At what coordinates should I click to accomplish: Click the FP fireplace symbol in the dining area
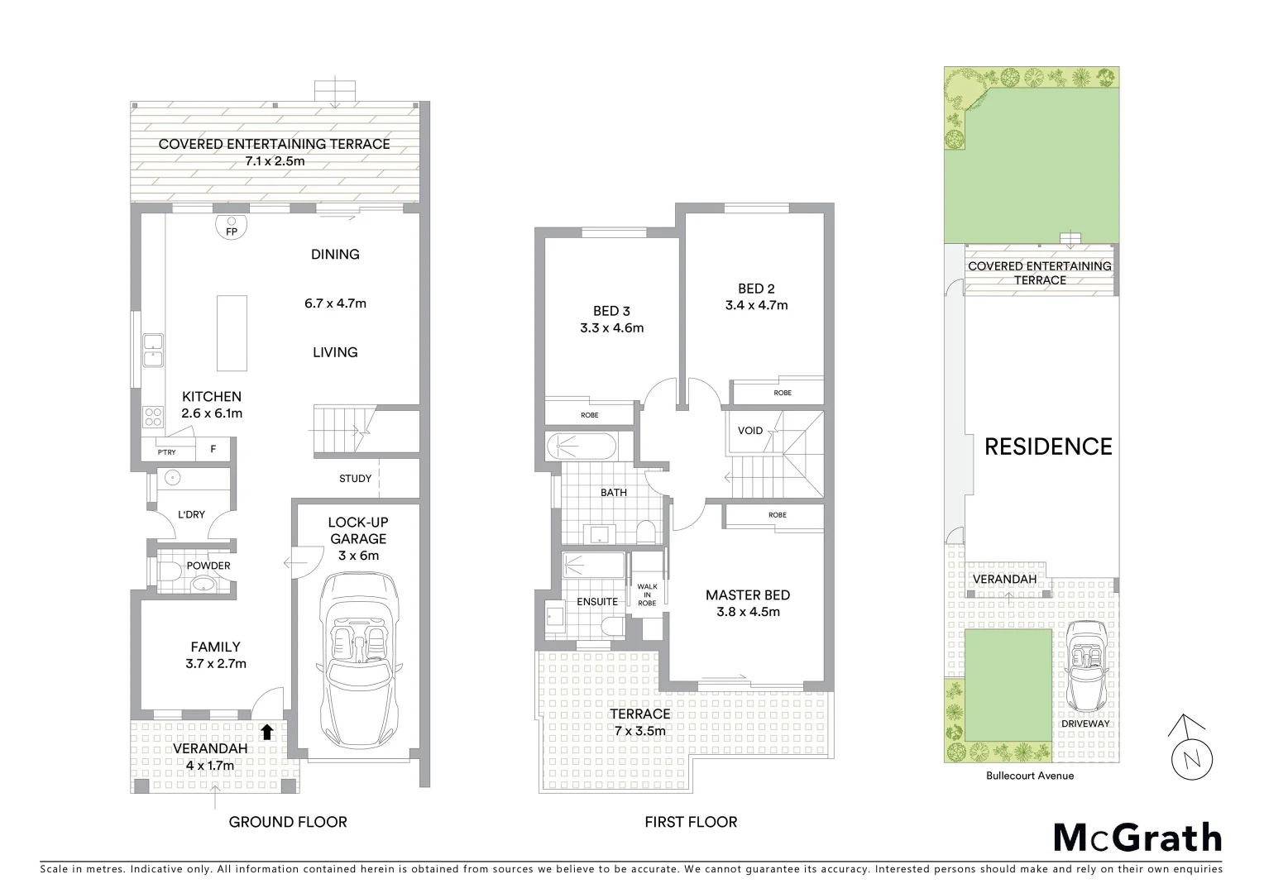click(232, 226)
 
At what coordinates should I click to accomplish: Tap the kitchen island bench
click(232, 333)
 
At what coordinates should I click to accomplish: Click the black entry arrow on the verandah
click(266, 732)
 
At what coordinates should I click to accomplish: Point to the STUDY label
click(355, 479)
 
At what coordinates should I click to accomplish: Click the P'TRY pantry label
click(167, 451)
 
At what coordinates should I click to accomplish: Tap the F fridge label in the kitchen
click(213, 450)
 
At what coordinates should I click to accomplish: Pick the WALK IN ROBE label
click(647, 595)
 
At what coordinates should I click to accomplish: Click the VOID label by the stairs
click(749, 431)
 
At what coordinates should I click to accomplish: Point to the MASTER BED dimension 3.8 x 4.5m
click(748, 612)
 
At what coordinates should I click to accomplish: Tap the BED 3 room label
click(611, 311)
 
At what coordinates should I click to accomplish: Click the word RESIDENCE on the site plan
click(1047, 446)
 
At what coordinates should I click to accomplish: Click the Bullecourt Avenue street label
click(1029, 776)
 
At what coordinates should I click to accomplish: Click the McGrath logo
click(1137, 838)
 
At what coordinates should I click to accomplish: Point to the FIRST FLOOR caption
click(690, 822)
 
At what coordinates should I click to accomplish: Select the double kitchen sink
click(152, 350)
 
